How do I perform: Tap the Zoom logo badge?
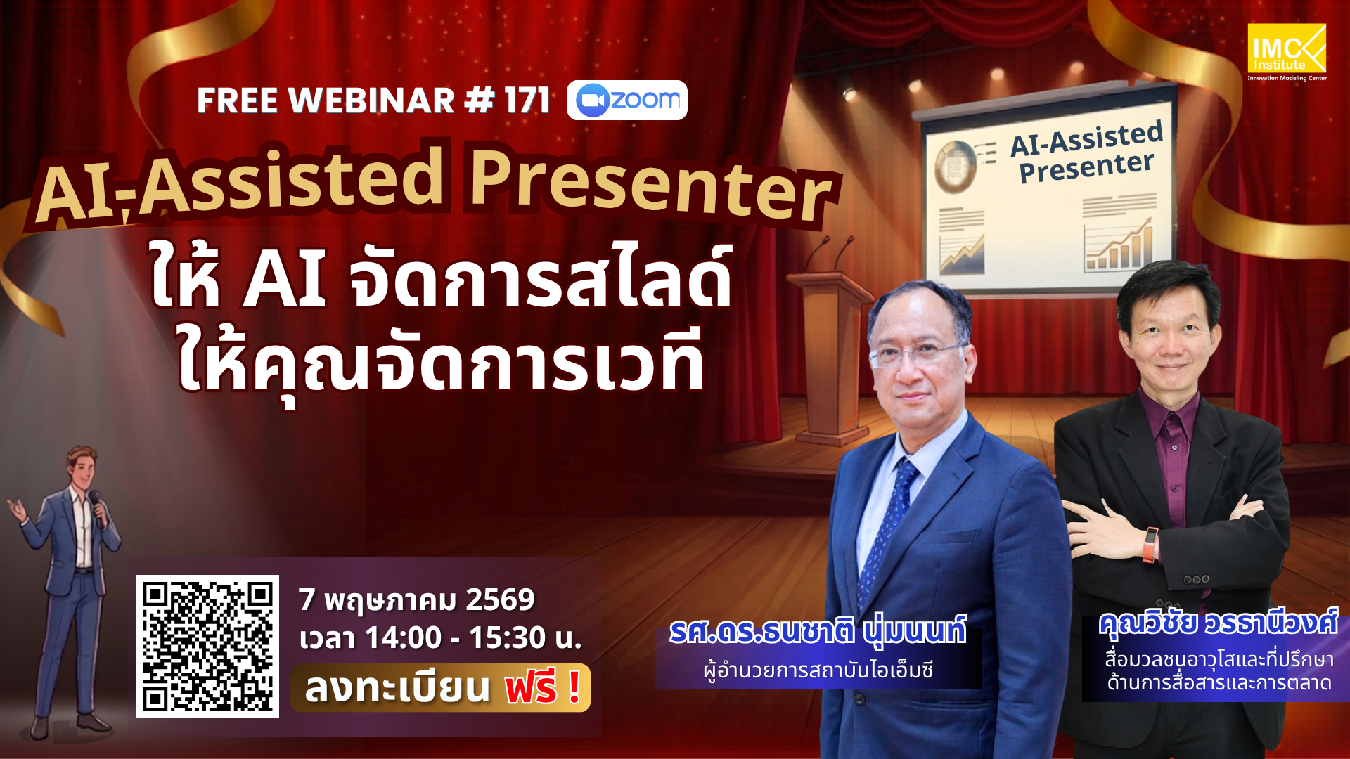[627, 100]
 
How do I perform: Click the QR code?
[207, 646]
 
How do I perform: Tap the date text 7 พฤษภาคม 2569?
[416, 599]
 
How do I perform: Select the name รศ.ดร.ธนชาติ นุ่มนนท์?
[817, 630]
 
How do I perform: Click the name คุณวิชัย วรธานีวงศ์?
[1218, 623]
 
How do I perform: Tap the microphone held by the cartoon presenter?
[95, 501]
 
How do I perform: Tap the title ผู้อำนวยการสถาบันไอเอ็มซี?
[818, 670]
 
